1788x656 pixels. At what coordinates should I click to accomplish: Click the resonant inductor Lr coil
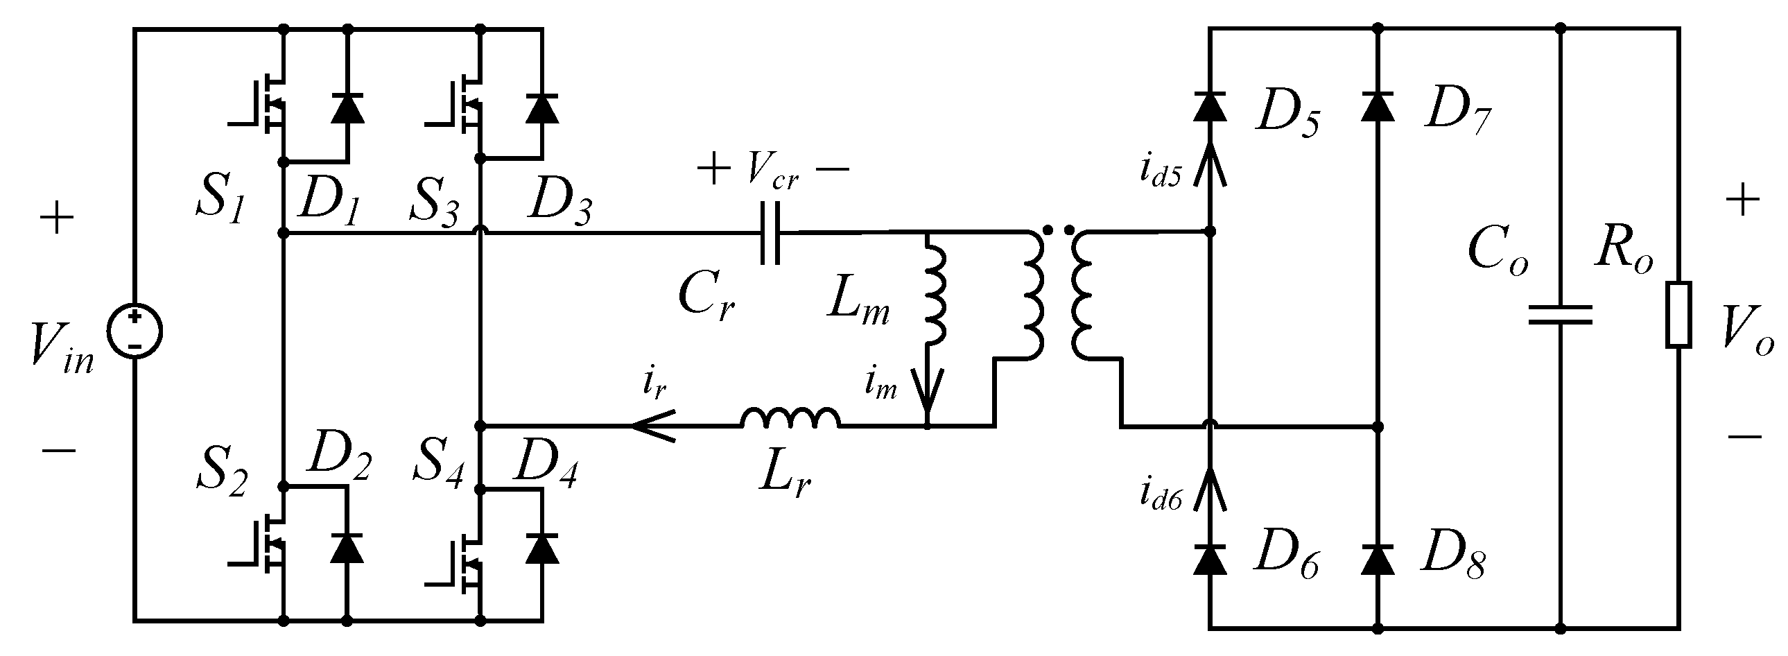[790, 417]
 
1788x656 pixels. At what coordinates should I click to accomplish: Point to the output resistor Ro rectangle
[1678, 314]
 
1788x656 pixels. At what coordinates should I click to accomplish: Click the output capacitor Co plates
[1561, 314]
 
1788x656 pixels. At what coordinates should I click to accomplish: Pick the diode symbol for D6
[1209, 559]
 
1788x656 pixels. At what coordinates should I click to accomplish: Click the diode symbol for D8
[1378, 559]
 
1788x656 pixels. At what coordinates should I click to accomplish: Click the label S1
[220, 200]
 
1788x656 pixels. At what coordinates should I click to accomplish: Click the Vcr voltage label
[772, 170]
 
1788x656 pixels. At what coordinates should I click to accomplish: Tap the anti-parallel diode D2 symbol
[347, 548]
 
